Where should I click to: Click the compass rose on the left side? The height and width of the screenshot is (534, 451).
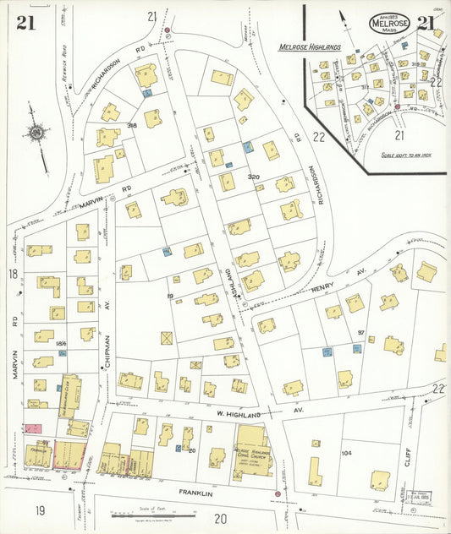click(x=37, y=133)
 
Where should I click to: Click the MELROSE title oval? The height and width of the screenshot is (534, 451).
click(x=389, y=23)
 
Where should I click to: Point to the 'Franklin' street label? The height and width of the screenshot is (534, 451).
click(x=195, y=492)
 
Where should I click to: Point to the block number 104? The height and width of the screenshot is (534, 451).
click(x=345, y=453)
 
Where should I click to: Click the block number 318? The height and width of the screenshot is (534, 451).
click(x=131, y=125)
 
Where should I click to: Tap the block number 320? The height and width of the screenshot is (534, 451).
click(x=253, y=177)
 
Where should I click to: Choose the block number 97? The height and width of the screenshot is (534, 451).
click(x=360, y=333)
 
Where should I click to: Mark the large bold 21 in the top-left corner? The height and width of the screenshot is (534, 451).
click(x=25, y=23)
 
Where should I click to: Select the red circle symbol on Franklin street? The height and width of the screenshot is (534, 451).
click(x=278, y=493)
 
